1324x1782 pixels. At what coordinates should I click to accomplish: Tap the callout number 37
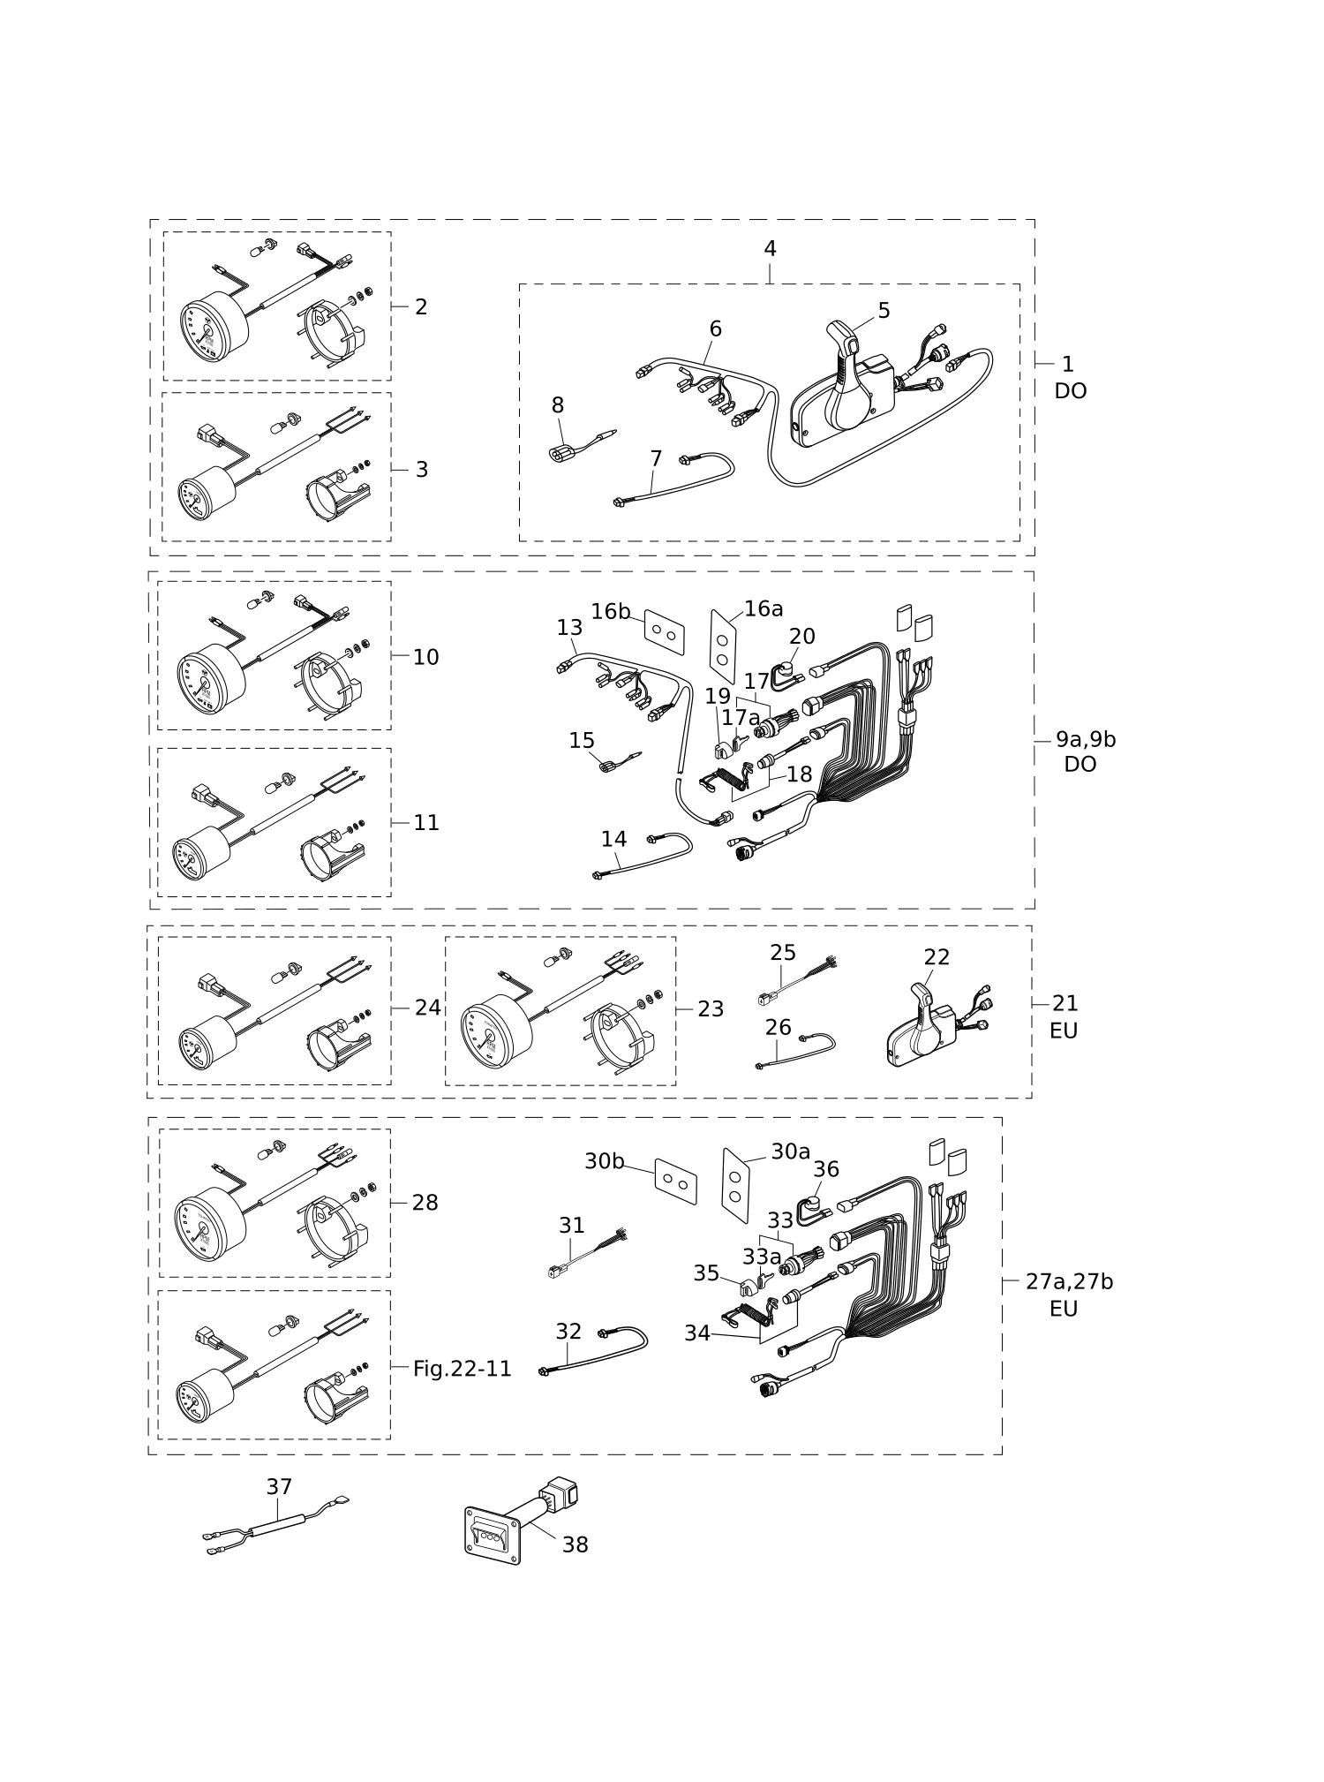(x=279, y=1487)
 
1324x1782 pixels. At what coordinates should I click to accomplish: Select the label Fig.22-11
(x=463, y=1369)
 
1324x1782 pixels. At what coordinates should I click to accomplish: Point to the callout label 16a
(x=764, y=608)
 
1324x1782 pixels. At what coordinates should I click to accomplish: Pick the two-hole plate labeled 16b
(x=665, y=632)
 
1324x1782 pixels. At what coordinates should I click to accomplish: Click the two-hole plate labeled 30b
(x=676, y=1182)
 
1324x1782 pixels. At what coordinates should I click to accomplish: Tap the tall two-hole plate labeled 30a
(x=735, y=1185)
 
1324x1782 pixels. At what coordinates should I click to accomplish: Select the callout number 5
(x=884, y=311)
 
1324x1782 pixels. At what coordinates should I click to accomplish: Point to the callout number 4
(x=770, y=249)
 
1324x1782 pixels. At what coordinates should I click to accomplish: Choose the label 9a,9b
(x=1086, y=739)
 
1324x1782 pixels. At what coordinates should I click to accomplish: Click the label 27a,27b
(x=1069, y=1281)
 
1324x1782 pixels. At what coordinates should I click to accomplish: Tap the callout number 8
(x=558, y=405)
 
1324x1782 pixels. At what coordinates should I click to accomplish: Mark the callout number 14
(x=613, y=839)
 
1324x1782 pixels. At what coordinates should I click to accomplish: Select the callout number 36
(x=826, y=1169)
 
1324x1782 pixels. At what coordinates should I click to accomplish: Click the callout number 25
(x=783, y=953)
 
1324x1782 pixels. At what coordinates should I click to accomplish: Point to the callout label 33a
(x=762, y=1257)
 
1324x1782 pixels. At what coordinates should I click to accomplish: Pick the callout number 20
(x=802, y=636)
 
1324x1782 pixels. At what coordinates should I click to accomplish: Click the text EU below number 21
(x=1064, y=1031)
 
